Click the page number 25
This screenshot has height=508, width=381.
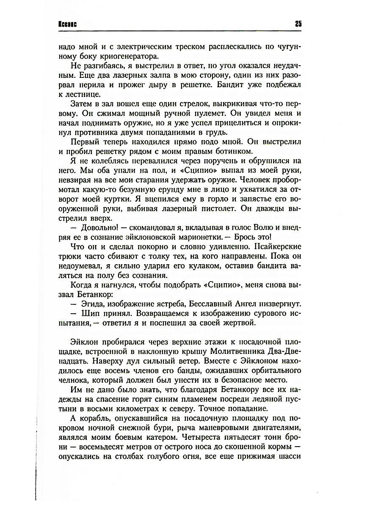pos(298,24)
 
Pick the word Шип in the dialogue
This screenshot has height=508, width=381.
pos(85,315)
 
